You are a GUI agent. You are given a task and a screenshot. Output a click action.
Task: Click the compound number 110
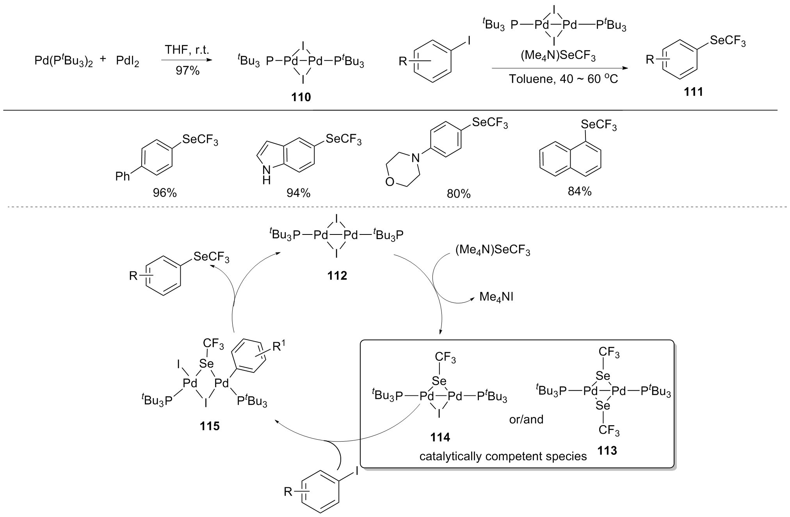click(x=301, y=97)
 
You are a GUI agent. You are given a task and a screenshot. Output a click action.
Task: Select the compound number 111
click(x=693, y=92)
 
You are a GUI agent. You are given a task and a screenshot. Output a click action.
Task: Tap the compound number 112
click(x=337, y=276)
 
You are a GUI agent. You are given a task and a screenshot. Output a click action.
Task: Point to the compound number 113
click(x=607, y=451)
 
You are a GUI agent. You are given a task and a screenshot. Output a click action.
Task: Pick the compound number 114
click(x=440, y=437)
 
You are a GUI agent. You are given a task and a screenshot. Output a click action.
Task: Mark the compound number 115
click(x=210, y=426)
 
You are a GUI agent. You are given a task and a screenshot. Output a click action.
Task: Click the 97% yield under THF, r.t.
click(x=187, y=71)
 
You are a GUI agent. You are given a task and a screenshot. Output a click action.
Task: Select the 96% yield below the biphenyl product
click(x=165, y=193)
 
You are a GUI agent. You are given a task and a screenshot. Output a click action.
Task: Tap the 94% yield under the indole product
click(x=298, y=193)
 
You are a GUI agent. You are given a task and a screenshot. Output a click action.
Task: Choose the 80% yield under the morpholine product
click(x=459, y=194)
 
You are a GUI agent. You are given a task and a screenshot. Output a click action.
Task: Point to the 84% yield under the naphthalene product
click(x=580, y=191)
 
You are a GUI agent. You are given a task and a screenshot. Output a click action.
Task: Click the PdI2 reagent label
click(x=127, y=62)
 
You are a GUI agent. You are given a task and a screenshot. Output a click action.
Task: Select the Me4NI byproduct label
click(x=496, y=297)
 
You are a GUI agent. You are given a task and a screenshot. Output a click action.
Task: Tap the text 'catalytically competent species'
click(x=503, y=456)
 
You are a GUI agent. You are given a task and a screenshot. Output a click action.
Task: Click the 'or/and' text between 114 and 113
click(x=526, y=419)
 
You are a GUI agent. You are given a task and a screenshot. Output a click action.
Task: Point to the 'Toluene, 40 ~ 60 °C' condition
click(x=563, y=79)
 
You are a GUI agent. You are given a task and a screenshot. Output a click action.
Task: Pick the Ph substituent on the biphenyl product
click(x=122, y=177)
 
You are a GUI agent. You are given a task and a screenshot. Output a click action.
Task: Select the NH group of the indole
click(x=267, y=174)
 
